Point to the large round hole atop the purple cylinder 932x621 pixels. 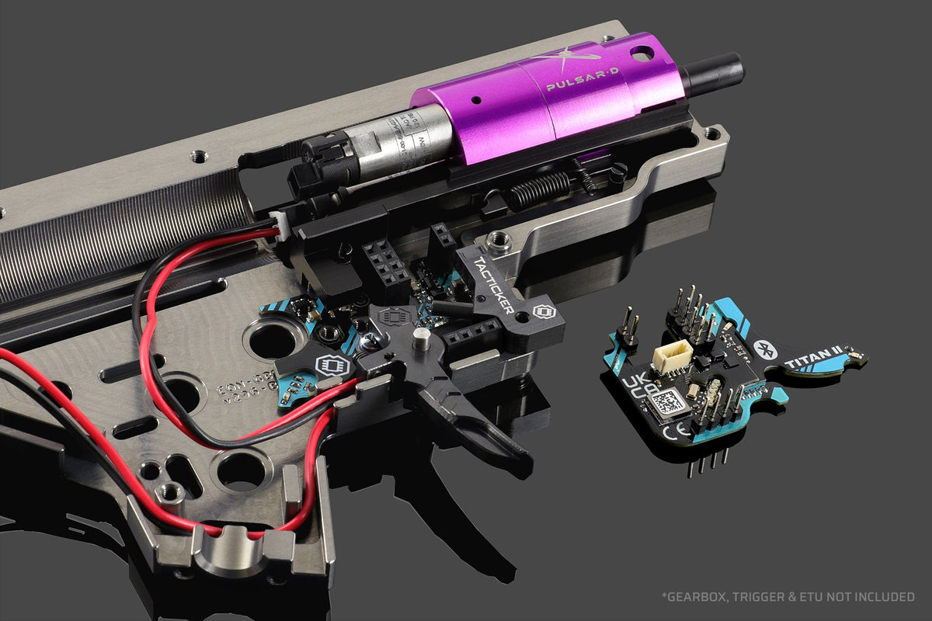pyautogui.click(x=641, y=53)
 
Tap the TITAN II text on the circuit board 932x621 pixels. pyautogui.click(x=809, y=359)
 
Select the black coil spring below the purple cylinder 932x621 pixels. pyautogui.click(x=540, y=189)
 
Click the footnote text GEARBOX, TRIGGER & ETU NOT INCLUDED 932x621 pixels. pyautogui.click(x=788, y=596)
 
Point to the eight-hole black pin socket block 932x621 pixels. pyautogui.click(x=386, y=261)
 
